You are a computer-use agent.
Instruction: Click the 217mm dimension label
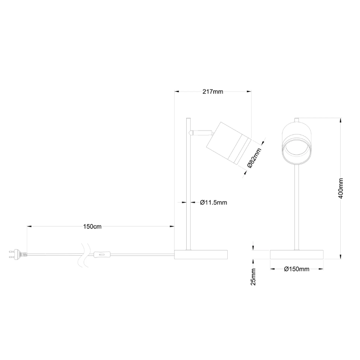[x=213, y=92]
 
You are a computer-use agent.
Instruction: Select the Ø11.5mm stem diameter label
[x=213, y=202]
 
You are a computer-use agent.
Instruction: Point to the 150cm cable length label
[x=92, y=226]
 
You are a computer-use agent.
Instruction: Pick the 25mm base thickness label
[x=253, y=276]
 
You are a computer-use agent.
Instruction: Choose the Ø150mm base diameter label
[x=297, y=269]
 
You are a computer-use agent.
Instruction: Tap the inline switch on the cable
[x=102, y=256]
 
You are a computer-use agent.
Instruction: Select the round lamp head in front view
[x=296, y=143]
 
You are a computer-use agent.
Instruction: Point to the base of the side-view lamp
[x=201, y=255]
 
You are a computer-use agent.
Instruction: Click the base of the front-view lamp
[x=297, y=255]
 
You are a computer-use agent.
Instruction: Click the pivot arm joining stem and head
[x=201, y=133]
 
